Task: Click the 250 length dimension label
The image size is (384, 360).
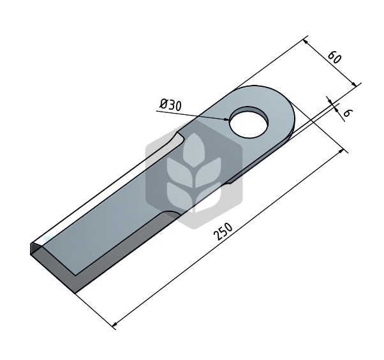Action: [x=223, y=231]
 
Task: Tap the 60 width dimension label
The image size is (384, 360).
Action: [x=334, y=57]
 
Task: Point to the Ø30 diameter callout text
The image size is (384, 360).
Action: [x=171, y=105]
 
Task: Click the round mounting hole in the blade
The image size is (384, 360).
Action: [x=249, y=122]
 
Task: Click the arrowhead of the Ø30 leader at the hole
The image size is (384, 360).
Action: [x=226, y=119]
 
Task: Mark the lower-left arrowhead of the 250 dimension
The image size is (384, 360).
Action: [x=115, y=325]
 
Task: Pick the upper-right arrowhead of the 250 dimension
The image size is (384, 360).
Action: [x=341, y=151]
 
